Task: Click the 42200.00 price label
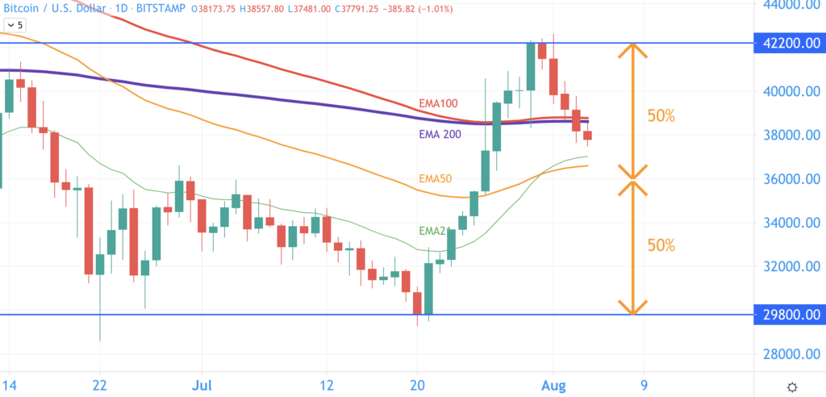[x=789, y=44]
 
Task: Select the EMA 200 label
[x=440, y=134]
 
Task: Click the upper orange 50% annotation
[x=661, y=115]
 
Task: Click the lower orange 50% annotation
[x=661, y=244]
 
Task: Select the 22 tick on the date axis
[x=99, y=385]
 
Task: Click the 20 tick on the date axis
[x=418, y=385]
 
